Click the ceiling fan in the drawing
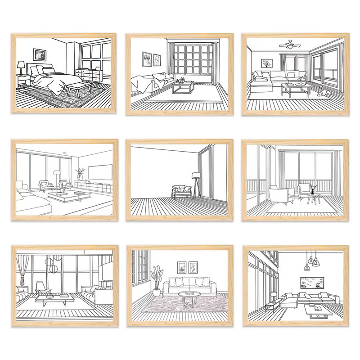click(290, 44)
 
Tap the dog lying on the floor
click(323, 94)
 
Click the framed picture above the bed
click(39, 54)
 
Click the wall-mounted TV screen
click(99, 172)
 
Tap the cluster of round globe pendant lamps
click(53, 264)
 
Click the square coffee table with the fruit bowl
click(183, 85)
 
